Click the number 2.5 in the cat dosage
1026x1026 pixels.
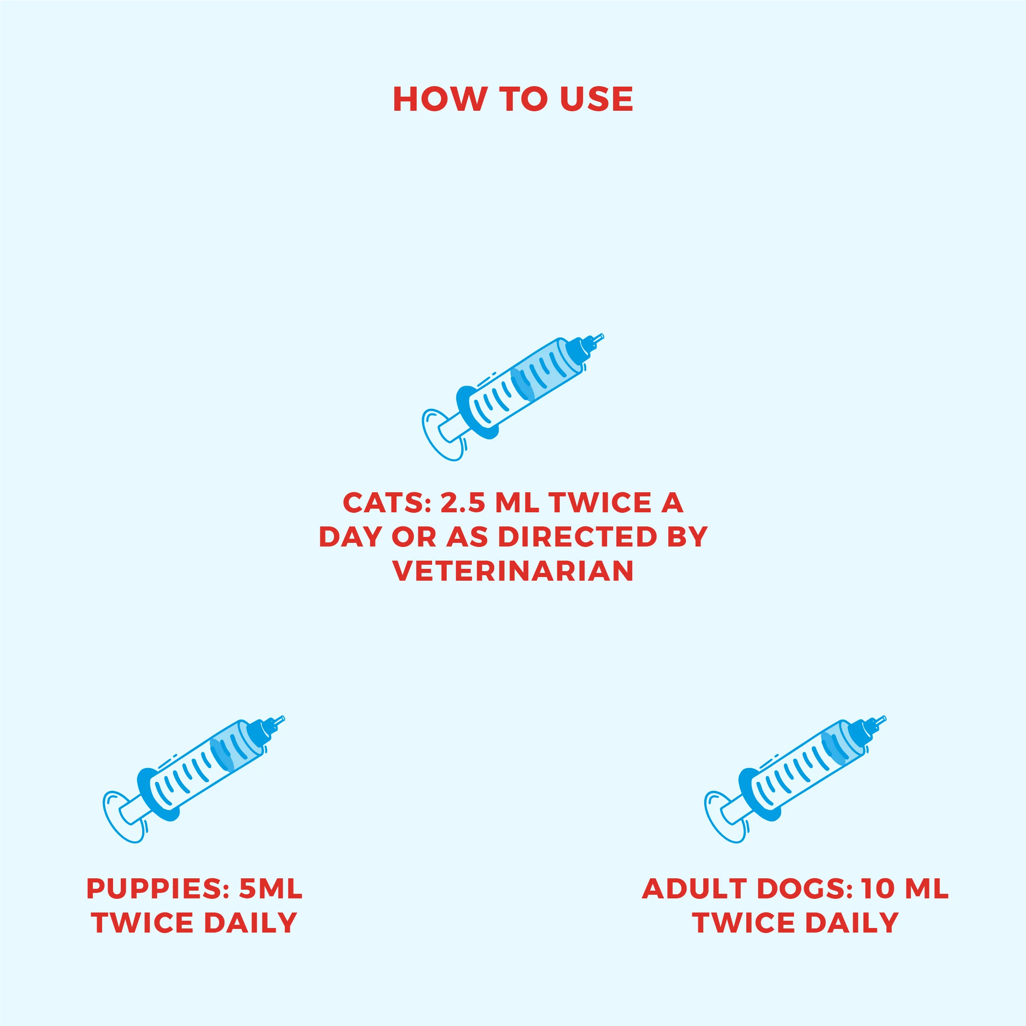pyautogui.click(x=463, y=502)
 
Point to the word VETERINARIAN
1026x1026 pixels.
pyautogui.click(x=513, y=571)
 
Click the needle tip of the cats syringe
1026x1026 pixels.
pyautogui.click(x=603, y=335)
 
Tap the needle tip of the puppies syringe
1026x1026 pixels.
pyautogui.click(x=283, y=718)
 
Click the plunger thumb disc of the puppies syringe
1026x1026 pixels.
pyautogui.click(x=123, y=817)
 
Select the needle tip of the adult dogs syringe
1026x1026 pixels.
pyautogui.click(x=884, y=718)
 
